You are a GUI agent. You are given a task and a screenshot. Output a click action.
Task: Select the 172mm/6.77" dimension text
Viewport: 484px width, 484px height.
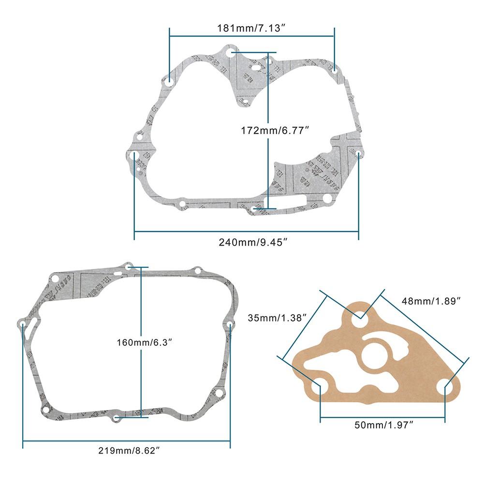(275, 129)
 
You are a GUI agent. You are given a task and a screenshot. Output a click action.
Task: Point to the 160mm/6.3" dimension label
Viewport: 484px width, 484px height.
(145, 342)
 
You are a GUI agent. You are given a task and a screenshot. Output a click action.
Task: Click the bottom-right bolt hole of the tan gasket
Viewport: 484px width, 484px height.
(445, 388)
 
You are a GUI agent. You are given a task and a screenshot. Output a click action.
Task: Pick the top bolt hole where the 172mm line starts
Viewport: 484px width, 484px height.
(232, 52)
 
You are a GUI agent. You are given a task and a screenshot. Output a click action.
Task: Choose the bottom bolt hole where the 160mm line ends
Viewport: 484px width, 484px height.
(116, 417)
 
